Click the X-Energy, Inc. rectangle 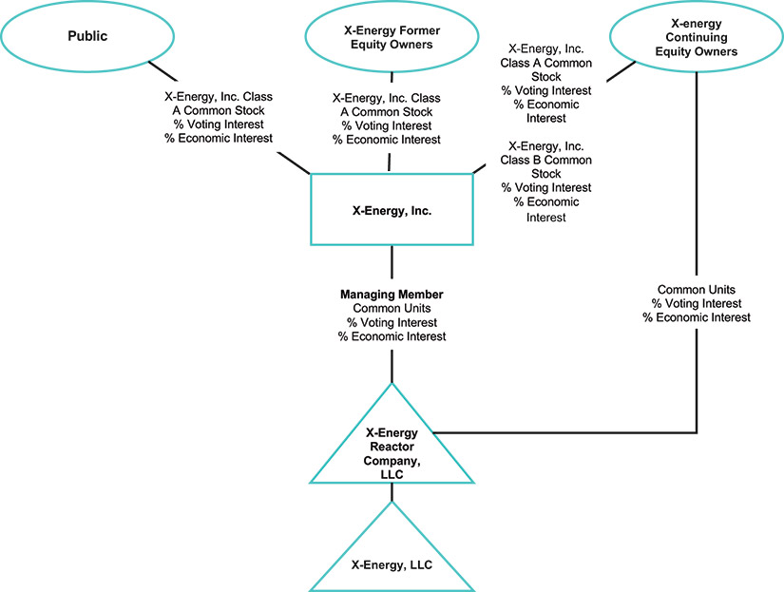tap(392, 210)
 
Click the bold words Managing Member tap(392, 295)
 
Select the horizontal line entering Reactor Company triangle tap(570, 431)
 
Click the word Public tap(87, 36)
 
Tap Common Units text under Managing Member tap(392, 309)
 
